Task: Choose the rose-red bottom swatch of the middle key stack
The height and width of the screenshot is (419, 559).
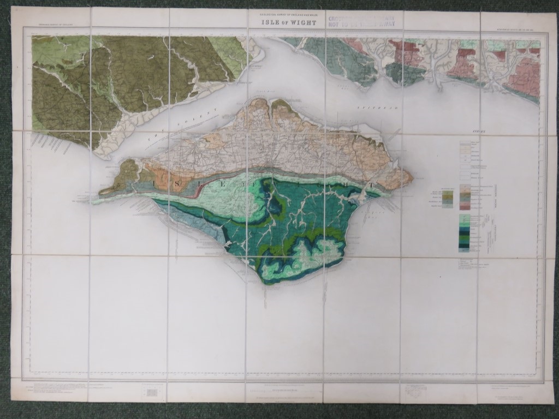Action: [465, 207]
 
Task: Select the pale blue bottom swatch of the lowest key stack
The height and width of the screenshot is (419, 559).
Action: [463, 250]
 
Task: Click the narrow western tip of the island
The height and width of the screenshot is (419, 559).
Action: [100, 193]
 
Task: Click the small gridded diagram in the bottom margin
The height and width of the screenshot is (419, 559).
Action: [152, 392]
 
